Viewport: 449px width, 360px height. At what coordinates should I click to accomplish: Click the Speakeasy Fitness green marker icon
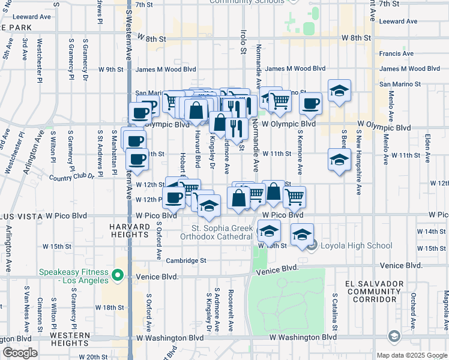[x=118, y=277]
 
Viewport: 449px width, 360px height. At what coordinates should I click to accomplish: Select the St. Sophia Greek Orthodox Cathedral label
[x=221, y=232]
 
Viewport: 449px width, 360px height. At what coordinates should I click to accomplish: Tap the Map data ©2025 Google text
[x=412, y=355]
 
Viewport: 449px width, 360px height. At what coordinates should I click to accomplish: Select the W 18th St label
[x=112, y=307]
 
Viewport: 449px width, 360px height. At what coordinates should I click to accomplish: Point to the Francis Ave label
[x=396, y=53]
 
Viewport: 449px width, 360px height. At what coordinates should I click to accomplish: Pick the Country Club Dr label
[x=72, y=177]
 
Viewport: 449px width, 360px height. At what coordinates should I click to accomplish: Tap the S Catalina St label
[x=334, y=310]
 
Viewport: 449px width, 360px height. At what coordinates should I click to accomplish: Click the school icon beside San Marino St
[x=339, y=91]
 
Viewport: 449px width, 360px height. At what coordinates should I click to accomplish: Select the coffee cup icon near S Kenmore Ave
[x=310, y=103]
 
